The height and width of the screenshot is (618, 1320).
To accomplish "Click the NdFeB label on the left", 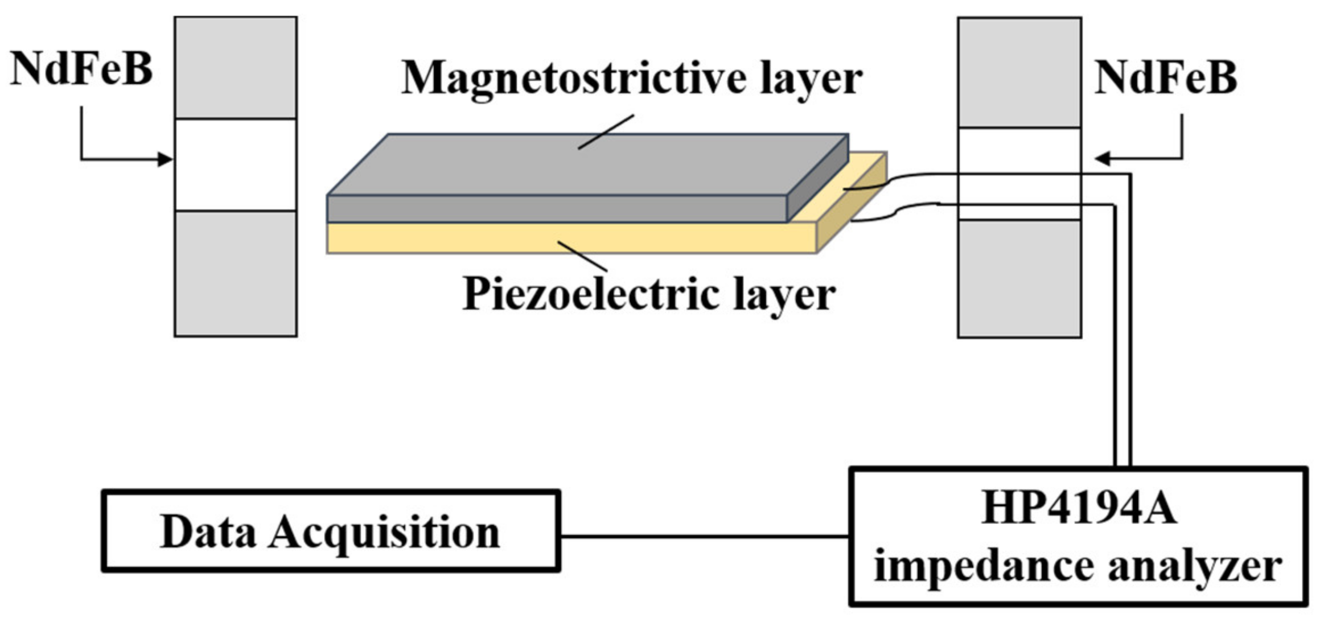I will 81,69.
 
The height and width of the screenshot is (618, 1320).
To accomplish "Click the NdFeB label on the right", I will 1165,77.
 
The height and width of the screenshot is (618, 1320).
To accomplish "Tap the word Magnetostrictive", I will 573,78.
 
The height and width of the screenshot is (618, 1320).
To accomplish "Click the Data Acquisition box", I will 331,531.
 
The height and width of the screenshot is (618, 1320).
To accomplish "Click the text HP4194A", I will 1079,508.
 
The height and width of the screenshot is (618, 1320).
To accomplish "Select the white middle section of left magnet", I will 236,165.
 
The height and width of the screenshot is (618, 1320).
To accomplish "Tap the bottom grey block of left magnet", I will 236,273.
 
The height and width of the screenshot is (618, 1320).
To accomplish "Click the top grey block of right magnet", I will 1019,73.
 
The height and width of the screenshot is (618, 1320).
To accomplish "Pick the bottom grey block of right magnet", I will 1019,279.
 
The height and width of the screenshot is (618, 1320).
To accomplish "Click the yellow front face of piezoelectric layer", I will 569,238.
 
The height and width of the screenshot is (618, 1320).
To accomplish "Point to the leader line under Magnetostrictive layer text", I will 606,132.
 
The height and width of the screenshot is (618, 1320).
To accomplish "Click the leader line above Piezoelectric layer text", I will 582,256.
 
